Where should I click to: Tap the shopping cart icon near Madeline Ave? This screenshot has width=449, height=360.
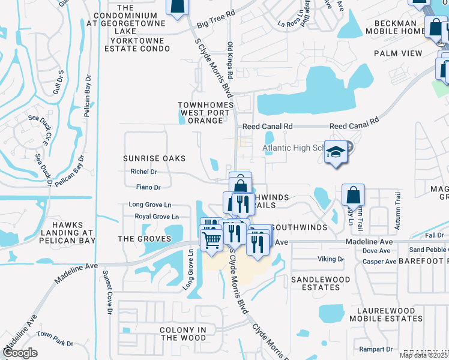tap(211, 239)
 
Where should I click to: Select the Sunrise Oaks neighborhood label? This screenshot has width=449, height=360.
tap(154, 158)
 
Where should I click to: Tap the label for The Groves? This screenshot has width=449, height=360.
tap(144, 239)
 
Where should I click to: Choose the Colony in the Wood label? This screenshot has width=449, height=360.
tap(183, 334)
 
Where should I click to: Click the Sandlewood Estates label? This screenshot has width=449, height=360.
tap(320, 284)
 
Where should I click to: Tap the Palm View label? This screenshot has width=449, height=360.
tap(398, 53)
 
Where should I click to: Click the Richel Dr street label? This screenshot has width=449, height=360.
tap(143, 172)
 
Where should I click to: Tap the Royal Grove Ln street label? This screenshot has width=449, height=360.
tap(157, 217)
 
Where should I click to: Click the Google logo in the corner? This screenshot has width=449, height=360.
tap(20, 353)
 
